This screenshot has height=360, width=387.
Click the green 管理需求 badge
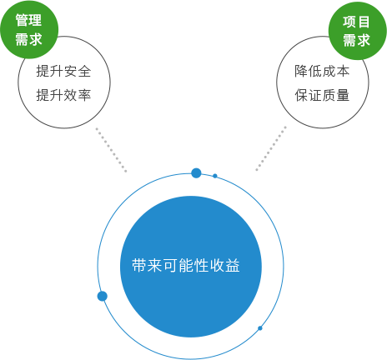point(28,29)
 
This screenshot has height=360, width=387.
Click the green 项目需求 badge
point(356,30)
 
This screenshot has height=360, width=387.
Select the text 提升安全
point(63,71)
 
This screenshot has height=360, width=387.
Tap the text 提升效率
point(63,95)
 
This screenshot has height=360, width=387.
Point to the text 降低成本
point(322,71)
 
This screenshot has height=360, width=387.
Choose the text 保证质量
point(322,95)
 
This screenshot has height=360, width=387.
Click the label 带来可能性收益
point(186,266)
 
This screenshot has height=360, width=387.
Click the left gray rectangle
point(111,150)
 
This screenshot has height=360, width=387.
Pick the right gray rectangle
point(271,148)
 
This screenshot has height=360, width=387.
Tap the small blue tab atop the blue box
point(196,169)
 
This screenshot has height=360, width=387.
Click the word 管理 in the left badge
point(28,21)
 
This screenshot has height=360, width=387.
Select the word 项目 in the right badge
point(356,22)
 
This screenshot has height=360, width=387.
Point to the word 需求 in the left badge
point(28,39)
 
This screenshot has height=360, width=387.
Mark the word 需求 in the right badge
point(356,40)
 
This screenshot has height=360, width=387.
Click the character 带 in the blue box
point(140,266)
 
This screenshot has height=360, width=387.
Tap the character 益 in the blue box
point(232,266)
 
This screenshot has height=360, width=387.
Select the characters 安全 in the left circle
point(77,71)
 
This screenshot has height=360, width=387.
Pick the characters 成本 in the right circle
point(335,71)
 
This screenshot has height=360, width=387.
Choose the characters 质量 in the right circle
point(335,95)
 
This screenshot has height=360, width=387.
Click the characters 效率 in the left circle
point(77,95)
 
